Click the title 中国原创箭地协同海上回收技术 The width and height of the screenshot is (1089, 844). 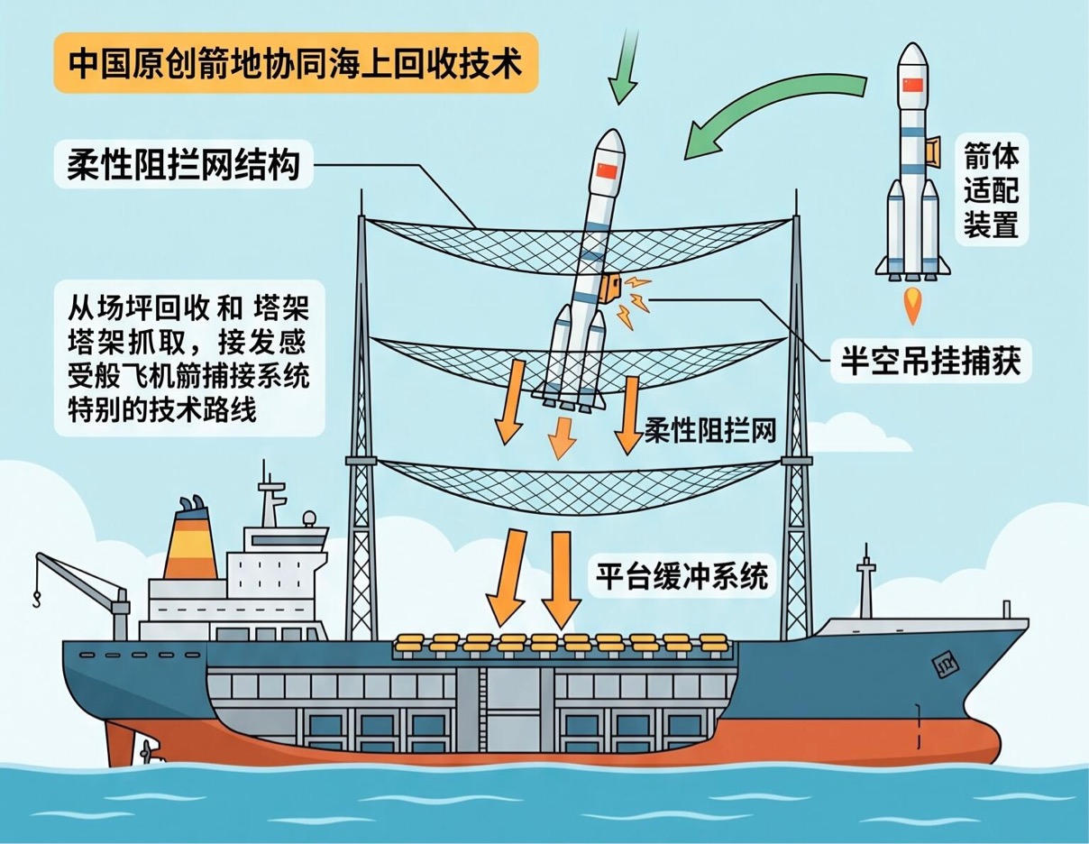coord(296,64)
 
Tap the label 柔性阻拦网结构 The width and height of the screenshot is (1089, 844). coord(183,165)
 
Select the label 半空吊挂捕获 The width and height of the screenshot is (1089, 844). coord(930,361)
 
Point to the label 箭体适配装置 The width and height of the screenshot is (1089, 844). coord(992,189)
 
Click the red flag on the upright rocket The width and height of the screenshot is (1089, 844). coord(912,85)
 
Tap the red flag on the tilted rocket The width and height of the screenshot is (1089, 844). coord(606,172)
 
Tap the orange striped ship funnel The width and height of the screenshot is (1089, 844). coord(191,544)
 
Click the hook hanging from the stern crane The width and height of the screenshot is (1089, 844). coord(36,600)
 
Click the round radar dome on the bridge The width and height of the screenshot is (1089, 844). coord(308,518)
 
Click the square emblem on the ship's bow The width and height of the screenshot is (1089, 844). coord(945,666)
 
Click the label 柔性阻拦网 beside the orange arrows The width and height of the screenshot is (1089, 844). coord(710,430)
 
